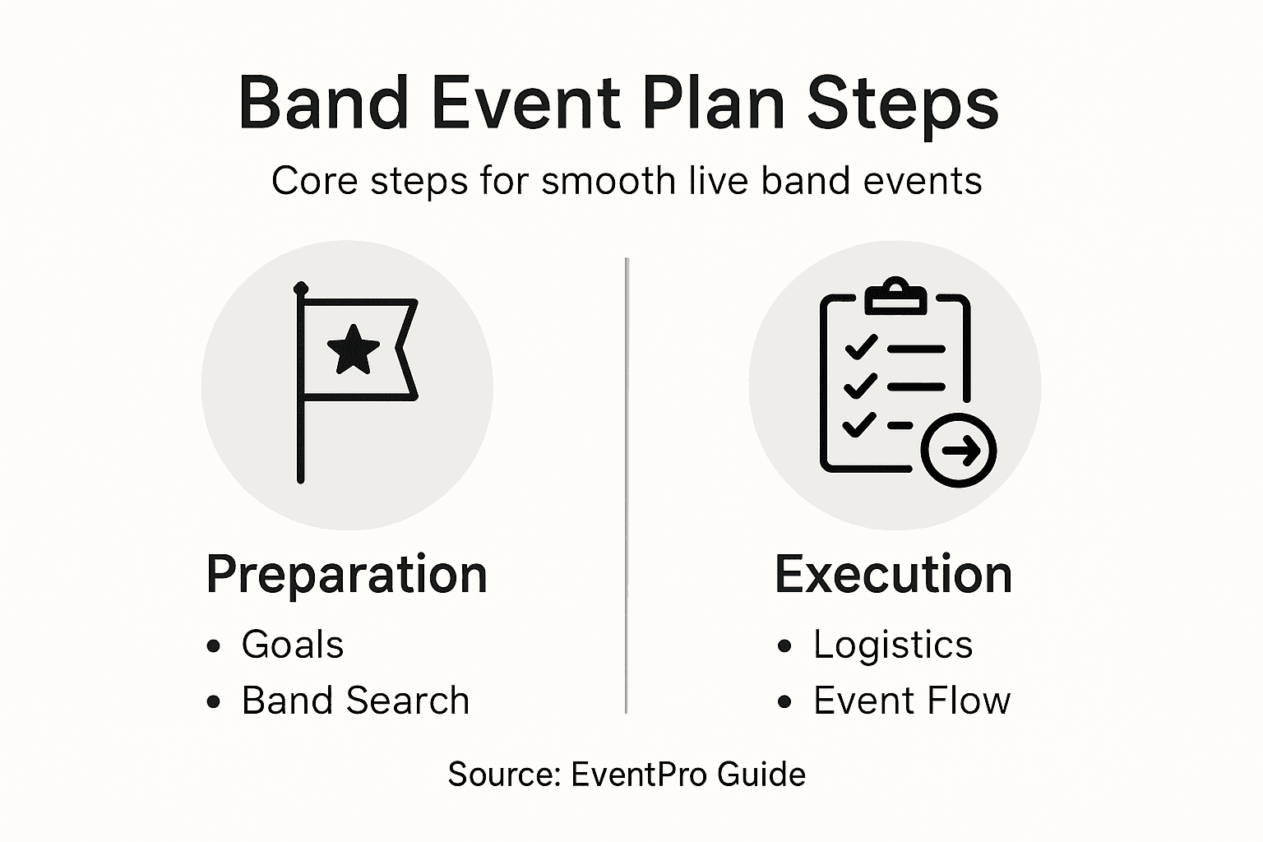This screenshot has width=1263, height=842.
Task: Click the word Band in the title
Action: pyautogui.click(x=323, y=104)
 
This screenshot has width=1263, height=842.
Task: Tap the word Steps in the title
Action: pyautogui.click(x=902, y=104)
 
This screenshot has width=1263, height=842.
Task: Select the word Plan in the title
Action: pyautogui.click(x=713, y=104)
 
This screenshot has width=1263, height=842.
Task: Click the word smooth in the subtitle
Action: pyautogui.click(x=608, y=181)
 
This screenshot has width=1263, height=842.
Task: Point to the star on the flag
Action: pyautogui.click(x=354, y=349)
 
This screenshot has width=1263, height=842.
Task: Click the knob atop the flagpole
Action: pyautogui.click(x=301, y=289)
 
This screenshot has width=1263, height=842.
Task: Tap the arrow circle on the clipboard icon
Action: pyautogui.click(x=959, y=450)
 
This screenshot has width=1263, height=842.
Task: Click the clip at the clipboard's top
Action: pyautogui.click(x=895, y=297)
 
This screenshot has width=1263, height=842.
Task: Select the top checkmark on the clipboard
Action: pyautogui.click(x=861, y=348)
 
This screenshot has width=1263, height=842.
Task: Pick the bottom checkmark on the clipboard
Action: pyautogui.click(x=859, y=425)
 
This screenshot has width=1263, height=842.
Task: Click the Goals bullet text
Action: pyautogui.click(x=292, y=645)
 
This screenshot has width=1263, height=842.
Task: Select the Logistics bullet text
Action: pyautogui.click(x=893, y=645)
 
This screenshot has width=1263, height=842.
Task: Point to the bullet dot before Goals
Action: pyautogui.click(x=215, y=646)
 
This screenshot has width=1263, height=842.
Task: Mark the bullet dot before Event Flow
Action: pyautogui.click(x=784, y=702)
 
